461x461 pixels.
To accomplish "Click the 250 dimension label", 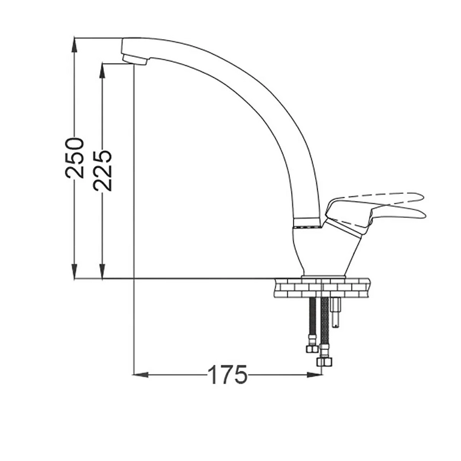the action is tap(74, 158).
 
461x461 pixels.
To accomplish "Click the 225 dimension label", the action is tap(103, 171).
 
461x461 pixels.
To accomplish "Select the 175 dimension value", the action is tap(227, 375).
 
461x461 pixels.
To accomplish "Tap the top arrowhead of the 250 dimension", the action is tap(74, 44).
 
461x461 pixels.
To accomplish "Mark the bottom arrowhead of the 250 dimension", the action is tap(74, 271).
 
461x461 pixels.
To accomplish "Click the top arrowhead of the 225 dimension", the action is tap(102, 71).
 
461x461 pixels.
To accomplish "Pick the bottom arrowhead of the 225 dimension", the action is tap(102, 271).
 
